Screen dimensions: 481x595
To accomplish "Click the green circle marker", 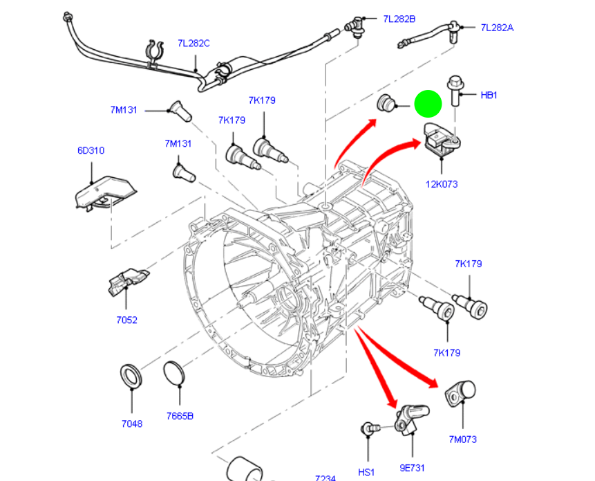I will [428, 105].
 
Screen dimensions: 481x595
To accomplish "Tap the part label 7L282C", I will [193, 44].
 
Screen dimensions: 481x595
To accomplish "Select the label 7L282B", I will [399, 19].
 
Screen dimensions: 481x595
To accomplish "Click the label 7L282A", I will [497, 28].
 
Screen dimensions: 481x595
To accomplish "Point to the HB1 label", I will [489, 95].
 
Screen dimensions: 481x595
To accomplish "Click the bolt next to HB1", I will [455, 90].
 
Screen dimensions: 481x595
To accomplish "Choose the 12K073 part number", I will [442, 184].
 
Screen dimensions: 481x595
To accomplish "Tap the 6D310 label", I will [91, 150].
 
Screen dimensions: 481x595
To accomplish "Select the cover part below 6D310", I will [105, 192].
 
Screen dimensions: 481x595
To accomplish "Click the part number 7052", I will [126, 320].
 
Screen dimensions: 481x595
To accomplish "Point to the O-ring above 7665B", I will [176, 374].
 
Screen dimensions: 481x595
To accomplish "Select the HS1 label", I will [366, 472].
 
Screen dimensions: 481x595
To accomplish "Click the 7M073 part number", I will [462, 439].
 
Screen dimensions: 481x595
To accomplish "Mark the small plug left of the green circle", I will [385, 105].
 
